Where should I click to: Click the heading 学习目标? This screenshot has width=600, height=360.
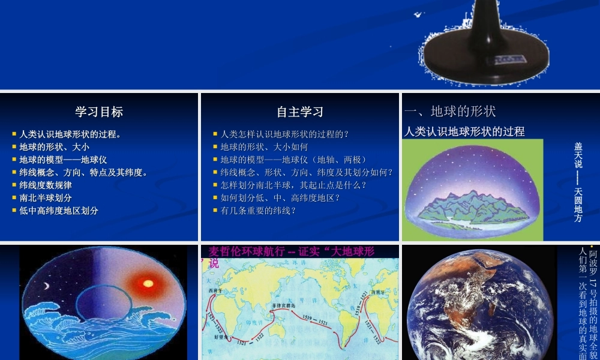(99, 112)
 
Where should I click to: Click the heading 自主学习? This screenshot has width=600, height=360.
(299, 112)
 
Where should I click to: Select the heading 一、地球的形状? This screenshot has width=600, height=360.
(450, 112)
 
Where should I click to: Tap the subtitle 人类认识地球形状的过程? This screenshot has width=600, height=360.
(464, 131)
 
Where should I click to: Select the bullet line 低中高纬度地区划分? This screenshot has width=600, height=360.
(59, 211)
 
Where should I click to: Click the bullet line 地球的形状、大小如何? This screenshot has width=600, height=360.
(264, 147)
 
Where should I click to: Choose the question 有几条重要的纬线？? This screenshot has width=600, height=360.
(259, 211)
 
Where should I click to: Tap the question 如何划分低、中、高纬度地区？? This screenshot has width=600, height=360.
(280, 198)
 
